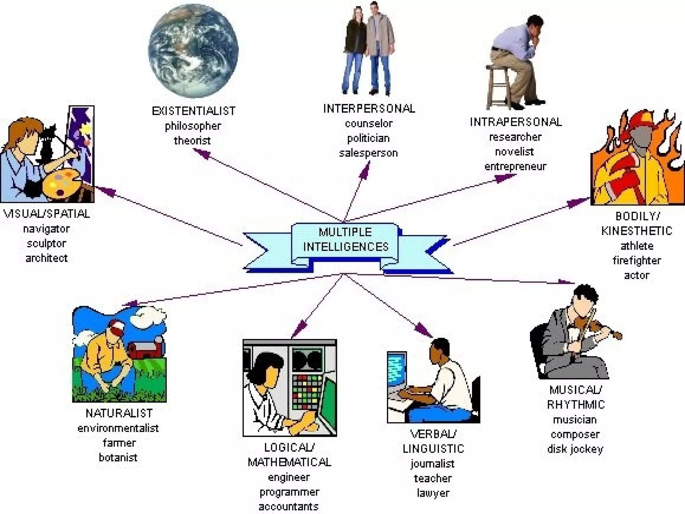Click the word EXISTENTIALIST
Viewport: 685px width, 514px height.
click(194, 111)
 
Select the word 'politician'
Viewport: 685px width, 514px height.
click(368, 138)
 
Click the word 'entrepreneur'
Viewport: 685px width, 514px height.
click(515, 166)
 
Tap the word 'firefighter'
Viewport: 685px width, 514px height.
click(637, 260)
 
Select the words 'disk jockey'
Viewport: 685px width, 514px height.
click(575, 449)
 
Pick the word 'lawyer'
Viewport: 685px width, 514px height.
click(433, 493)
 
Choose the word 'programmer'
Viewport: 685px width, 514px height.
click(289, 492)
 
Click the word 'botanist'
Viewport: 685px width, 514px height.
click(118, 457)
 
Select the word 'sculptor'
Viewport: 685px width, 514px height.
click(46, 243)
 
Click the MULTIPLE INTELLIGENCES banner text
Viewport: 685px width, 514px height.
click(346, 240)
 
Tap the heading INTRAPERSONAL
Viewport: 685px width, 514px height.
click(515, 122)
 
